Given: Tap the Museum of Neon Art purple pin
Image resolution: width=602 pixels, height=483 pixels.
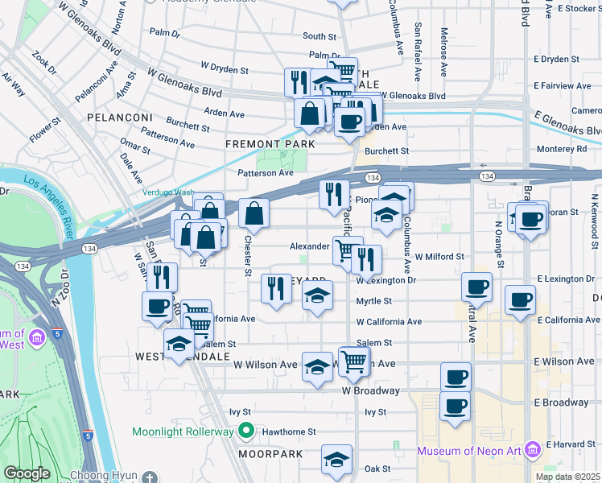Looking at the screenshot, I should coord(530,448).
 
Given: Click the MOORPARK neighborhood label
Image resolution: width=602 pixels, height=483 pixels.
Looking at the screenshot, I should coord(270,454).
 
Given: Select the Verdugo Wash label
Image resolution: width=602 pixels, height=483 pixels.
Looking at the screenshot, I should coord(168,192).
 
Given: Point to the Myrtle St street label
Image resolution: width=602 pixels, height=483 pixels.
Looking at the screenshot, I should coord(374,301).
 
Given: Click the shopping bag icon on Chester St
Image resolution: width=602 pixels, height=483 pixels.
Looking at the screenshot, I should coord(254,213).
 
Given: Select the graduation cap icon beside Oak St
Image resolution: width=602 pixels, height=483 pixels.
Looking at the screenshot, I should coord(336,460).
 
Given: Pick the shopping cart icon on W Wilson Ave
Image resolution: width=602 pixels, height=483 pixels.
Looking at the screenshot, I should coord(353,361).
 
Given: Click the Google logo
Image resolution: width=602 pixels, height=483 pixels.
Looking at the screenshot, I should coord(27,473).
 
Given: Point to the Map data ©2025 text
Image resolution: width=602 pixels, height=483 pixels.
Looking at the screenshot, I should coord(567,477).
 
